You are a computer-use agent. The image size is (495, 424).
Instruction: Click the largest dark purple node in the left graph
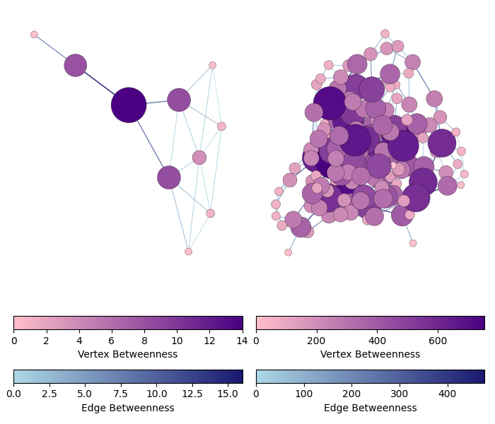129,105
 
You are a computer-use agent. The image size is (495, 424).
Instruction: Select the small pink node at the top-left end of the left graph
34,35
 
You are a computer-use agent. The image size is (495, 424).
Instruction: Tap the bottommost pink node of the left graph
188,252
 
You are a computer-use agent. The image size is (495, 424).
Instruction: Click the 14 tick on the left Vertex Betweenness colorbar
242,330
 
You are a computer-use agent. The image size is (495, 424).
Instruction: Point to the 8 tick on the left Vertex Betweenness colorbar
144,330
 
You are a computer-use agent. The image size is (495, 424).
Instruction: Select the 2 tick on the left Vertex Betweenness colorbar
47,330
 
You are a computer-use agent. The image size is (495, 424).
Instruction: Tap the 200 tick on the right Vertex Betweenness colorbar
317,330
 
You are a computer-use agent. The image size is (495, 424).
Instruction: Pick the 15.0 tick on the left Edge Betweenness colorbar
228,384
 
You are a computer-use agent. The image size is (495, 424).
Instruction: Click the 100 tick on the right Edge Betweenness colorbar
304,384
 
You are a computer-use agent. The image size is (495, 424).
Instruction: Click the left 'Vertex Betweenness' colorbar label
128,354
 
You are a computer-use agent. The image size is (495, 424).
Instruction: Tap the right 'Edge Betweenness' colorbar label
370,408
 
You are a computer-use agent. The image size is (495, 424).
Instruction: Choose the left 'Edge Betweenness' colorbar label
128,408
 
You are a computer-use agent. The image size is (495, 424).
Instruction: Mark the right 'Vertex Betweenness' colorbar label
370,354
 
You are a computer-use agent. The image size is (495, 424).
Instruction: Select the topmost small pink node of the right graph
385,34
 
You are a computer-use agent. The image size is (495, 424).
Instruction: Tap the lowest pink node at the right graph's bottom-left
288,252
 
